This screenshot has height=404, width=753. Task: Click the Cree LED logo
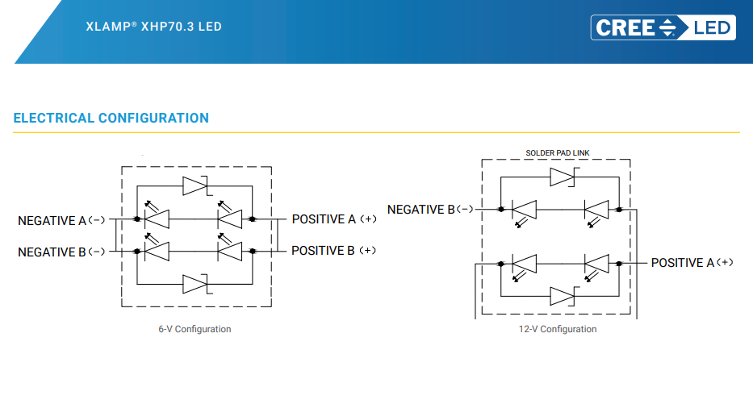click(x=663, y=27)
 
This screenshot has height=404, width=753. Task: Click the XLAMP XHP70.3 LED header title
click(x=153, y=27)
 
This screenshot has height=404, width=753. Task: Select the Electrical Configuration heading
click(x=111, y=118)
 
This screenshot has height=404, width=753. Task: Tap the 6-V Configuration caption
click(x=195, y=329)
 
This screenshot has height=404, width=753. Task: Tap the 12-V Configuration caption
click(x=558, y=329)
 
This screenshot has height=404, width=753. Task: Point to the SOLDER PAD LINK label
click(x=558, y=153)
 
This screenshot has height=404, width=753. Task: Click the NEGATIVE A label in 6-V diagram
click(x=61, y=221)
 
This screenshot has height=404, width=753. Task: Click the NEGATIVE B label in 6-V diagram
click(x=61, y=252)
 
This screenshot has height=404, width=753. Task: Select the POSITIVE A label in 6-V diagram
click(x=334, y=219)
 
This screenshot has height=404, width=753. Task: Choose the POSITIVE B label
click(x=334, y=251)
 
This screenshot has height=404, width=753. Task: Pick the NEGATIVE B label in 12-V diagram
click(x=430, y=210)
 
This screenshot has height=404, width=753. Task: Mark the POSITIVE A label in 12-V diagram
click(x=692, y=262)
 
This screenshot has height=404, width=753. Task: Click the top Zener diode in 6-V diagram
click(x=195, y=185)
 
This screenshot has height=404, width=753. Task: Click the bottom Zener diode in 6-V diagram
click(x=195, y=284)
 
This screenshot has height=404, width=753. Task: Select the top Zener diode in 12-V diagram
click(x=563, y=177)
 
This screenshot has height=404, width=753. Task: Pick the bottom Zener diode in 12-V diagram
click(x=563, y=296)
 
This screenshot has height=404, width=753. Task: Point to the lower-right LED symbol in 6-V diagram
click(x=229, y=247)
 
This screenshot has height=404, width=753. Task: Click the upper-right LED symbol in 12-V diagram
click(x=596, y=214)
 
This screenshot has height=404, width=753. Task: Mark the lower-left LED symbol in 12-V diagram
click(x=525, y=268)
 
